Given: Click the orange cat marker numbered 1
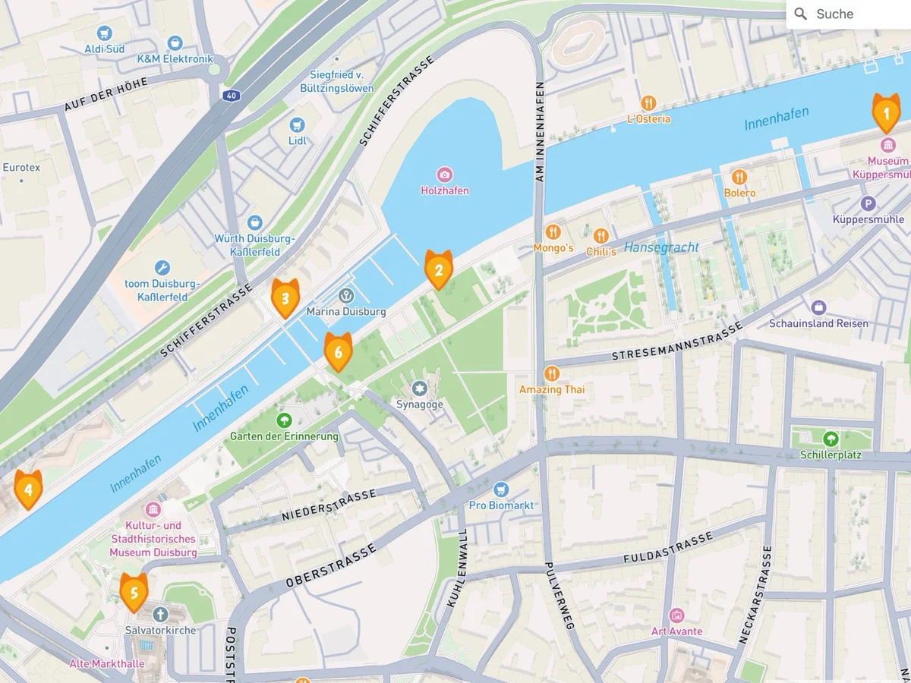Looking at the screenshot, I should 885,114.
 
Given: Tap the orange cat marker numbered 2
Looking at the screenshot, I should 438,269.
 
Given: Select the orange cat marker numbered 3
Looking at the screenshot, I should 285,298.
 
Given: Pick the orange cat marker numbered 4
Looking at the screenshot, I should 28,489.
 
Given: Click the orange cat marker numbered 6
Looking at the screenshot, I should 338,352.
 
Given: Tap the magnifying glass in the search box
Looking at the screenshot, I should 800,14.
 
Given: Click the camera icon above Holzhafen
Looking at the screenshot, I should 445,175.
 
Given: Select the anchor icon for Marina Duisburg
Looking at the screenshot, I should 346,295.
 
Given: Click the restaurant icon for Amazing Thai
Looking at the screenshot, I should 552,373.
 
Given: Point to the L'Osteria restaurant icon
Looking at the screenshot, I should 648,102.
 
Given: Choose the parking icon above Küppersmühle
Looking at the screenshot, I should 868,203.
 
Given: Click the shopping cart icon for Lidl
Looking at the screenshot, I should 298,124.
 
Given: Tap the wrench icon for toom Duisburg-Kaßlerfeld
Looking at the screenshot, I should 162,268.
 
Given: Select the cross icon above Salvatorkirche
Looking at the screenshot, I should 160,614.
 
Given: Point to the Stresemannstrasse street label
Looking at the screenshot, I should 676,343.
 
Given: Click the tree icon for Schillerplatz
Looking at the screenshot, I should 831,439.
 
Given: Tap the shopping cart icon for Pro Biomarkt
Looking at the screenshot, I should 500,489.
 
